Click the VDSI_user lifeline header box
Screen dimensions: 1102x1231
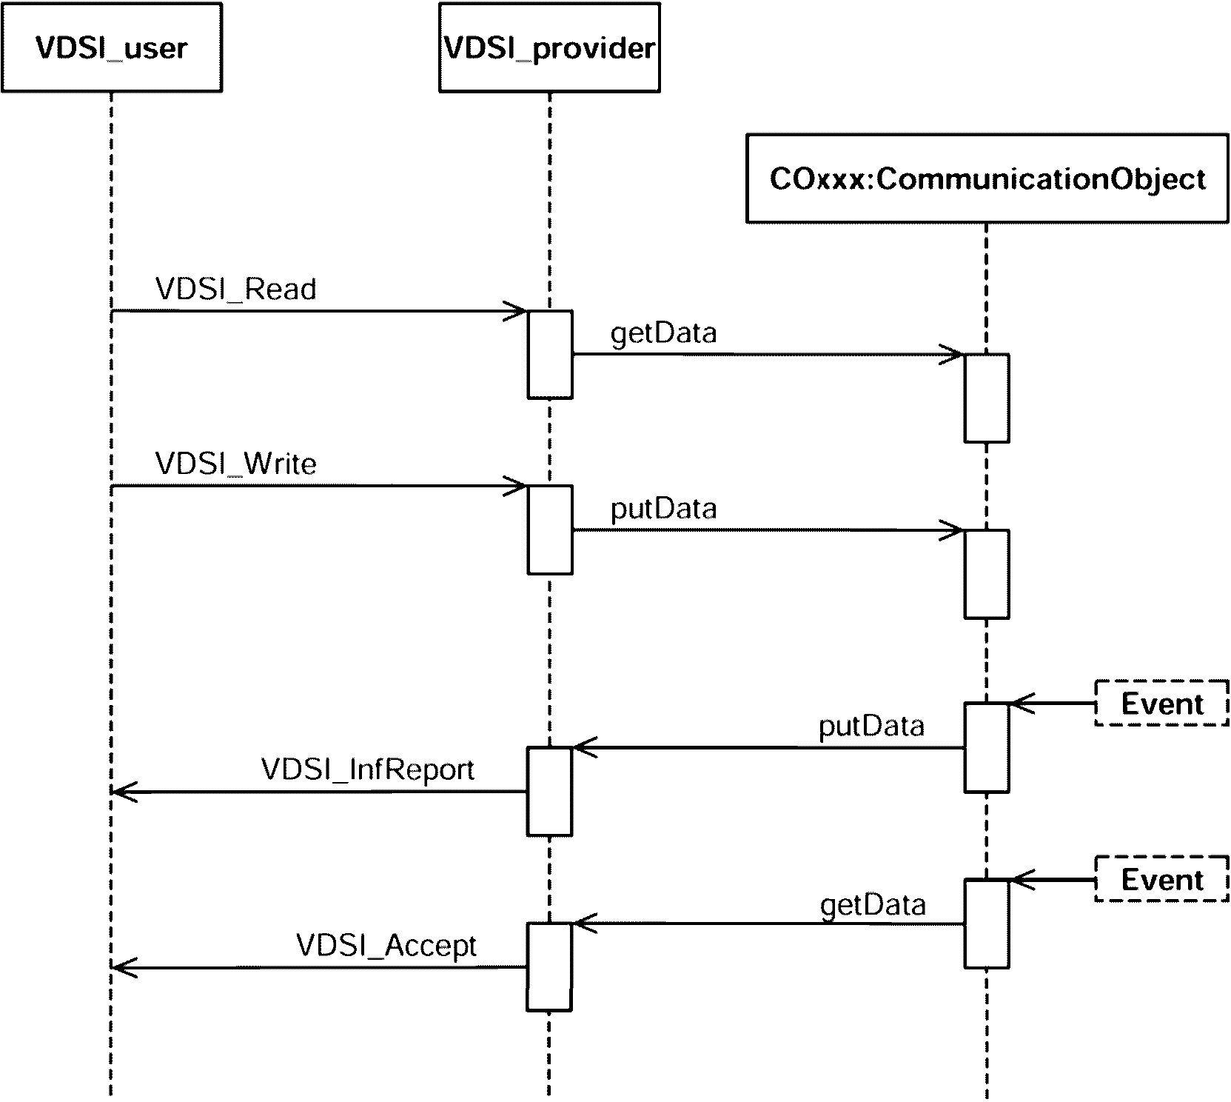coord(112,47)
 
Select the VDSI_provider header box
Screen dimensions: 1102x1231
coord(549,47)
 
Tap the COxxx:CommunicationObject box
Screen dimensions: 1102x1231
coord(987,178)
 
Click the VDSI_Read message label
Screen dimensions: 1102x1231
coord(236,289)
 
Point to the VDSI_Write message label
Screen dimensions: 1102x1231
coord(236,464)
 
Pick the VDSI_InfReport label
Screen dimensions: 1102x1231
coord(368,769)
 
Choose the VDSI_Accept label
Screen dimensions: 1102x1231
coord(386,946)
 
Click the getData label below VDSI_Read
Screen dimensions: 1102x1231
coord(663,333)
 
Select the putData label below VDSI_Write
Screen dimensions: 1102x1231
coord(663,509)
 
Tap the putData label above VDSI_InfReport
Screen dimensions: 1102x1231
coord(871,726)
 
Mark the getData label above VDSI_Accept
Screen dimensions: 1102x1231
coord(873,905)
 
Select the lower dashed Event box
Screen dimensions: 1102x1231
coord(1161,880)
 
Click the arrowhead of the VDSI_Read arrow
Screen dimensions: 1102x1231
coord(518,311)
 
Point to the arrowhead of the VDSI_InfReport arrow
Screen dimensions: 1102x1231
coord(120,792)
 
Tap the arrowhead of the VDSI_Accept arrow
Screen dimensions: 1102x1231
coord(120,967)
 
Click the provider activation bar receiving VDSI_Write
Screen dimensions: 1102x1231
coord(550,530)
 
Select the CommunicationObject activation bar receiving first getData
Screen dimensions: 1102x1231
coord(987,398)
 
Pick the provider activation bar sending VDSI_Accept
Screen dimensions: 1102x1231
coord(549,967)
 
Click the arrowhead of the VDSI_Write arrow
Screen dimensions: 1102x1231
coord(518,487)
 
